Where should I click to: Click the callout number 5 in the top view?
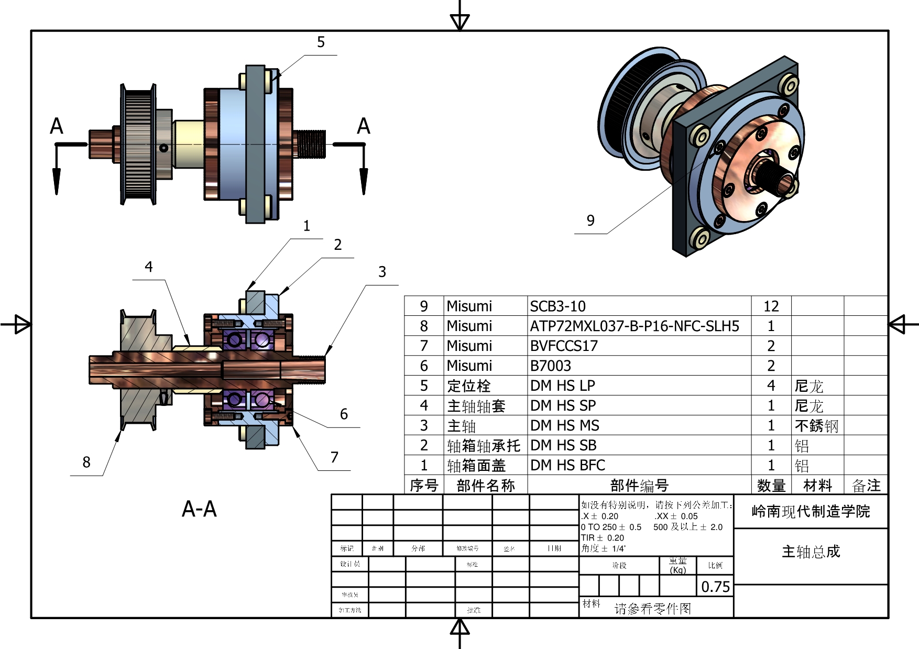321,42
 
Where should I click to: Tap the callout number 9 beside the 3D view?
590,221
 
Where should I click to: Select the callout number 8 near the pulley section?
86,462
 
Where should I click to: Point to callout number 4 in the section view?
149,267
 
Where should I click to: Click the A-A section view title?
199,509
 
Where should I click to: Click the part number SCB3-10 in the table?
557,306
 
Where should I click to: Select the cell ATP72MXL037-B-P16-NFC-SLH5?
634,326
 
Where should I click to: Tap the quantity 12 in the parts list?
771,306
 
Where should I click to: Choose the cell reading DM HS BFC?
567,465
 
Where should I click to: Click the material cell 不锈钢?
816,426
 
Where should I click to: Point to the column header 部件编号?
639,486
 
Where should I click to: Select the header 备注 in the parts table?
866,486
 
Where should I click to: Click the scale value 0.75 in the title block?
715,587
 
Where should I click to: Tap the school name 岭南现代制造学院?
811,511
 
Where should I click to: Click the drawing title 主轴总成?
811,552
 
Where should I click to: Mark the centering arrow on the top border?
460,21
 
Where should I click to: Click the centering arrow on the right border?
898,324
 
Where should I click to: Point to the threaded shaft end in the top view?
312,144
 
